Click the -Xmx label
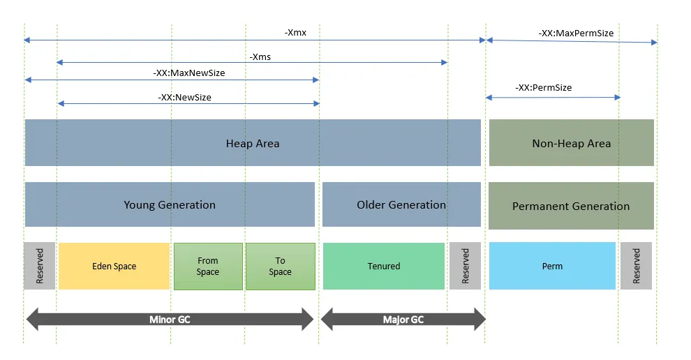click(295, 33)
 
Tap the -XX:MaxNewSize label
click(188, 73)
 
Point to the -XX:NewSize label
click(184, 97)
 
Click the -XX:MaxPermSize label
click(575, 33)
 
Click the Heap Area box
click(253, 143)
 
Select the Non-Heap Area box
click(571, 143)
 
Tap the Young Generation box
click(170, 204)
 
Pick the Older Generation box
click(401, 204)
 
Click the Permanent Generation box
click(571, 206)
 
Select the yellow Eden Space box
click(114, 266)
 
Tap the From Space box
click(208, 266)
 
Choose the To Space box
click(280, 266)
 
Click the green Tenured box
click(384, 266)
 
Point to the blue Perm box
click(552, 266)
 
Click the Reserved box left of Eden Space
click(39, 266)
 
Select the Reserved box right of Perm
click(636, 266)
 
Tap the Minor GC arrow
click(170, 320)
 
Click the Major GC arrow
click(403, 320)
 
